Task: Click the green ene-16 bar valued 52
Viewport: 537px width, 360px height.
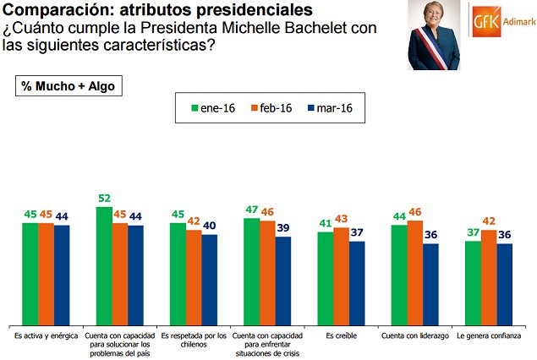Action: tap(104, 266)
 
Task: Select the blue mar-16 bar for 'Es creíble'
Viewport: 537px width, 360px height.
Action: tap(357, 284)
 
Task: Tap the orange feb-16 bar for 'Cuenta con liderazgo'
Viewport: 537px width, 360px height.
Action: tap(415, 272)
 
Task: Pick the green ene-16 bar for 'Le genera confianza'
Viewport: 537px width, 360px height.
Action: tap(473, 283)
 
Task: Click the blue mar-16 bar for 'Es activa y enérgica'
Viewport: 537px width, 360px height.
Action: tap(62, 275)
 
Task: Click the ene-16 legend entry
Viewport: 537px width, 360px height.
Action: tap(211, 108)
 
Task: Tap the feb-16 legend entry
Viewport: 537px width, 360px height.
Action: tap(270, 108)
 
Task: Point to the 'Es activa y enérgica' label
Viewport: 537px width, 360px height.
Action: tap(47, 336)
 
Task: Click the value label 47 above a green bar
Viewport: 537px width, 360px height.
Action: tap(252, 209)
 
